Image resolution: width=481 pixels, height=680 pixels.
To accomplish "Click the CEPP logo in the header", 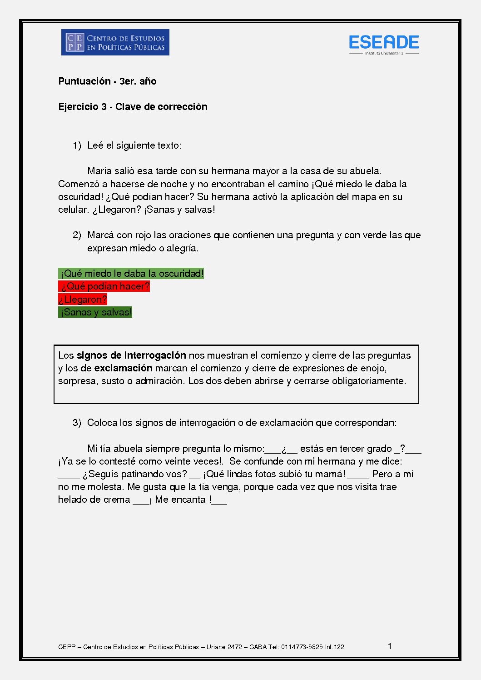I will click(115, 42).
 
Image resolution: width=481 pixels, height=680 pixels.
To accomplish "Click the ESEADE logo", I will click(384, 43).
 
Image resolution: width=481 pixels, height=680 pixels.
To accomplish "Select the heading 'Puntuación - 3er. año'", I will click(107, 81).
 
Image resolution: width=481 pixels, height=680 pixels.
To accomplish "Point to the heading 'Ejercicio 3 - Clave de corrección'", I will click(133, 107).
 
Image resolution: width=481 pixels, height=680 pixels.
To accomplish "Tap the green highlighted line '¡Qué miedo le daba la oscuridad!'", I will click(131, 274).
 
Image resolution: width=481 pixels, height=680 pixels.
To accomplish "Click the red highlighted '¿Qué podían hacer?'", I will click(104, 286).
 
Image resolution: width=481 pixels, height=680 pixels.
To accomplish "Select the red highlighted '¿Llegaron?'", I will click(83, 300).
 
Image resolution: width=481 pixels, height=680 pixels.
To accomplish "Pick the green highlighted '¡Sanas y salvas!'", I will click(95, 312).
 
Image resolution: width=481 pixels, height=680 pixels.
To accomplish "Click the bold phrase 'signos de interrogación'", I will click(131, 355).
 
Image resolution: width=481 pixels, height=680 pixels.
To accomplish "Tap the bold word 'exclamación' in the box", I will click(123, 368).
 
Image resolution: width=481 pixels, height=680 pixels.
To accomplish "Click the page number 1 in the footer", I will click(390, 646).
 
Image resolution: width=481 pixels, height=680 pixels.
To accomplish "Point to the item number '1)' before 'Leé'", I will click(77, 145).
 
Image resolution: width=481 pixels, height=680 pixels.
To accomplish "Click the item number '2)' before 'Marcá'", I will click(77, 235).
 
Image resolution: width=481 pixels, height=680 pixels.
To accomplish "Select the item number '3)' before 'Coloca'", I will click(77, 423).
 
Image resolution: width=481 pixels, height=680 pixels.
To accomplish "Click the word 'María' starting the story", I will click(99, 171).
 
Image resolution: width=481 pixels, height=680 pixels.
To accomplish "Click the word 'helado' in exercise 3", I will click(72, 500).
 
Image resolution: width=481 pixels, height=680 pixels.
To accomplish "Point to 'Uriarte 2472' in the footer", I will click(224, 647).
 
